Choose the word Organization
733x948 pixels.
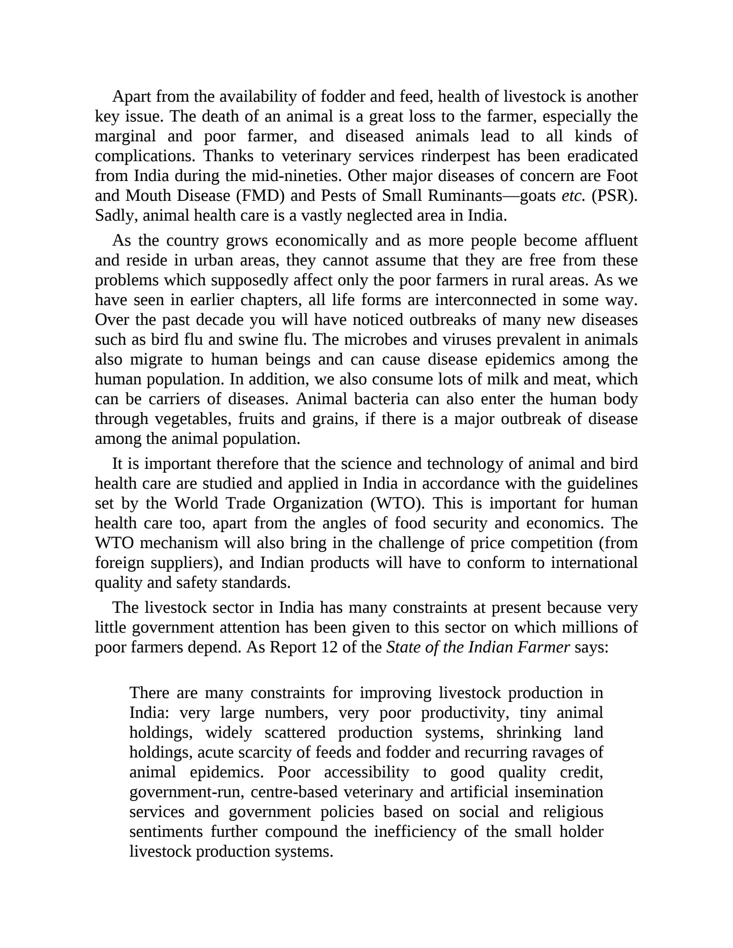tap(318, 503)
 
